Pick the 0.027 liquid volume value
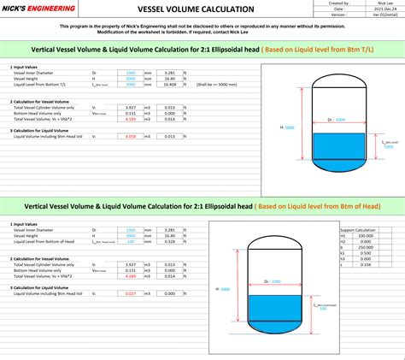pyautogui.click(x=131, y=293)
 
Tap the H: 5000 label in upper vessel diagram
pyautogui.click(x=287, y=127)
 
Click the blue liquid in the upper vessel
pyautogui.click(x=337, y=146)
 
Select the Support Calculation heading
pyautogui.click(x=358, y=230)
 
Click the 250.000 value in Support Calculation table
pyautogui.click(x=367, y=247)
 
